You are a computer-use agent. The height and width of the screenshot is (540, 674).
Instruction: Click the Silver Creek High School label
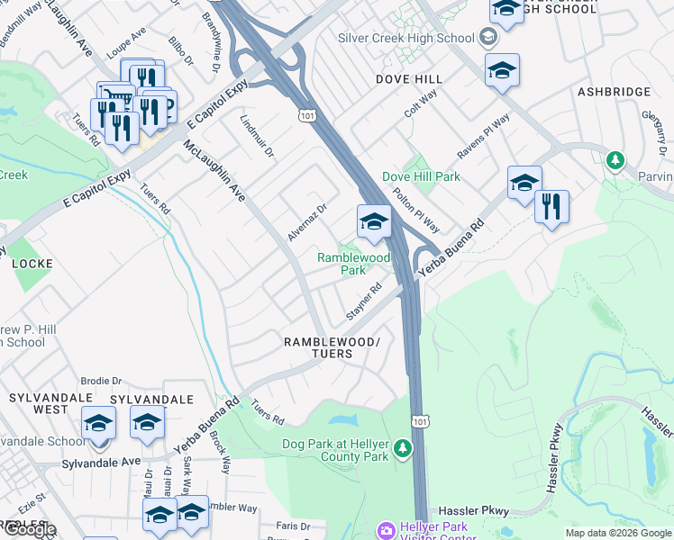pyautogui.click(x=405, y=38)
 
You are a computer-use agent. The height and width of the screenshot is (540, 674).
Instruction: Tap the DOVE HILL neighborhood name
pyautogui.click(x=408, y=79)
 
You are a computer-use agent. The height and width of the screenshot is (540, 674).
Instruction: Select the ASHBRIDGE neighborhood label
pyautogui.click(x=614, y=92)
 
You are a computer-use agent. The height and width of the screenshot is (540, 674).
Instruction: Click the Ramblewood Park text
pyautogui.click(x=354, y=264)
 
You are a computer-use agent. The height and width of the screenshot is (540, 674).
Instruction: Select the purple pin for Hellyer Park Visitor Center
pyautogui.click(x=386, y=531)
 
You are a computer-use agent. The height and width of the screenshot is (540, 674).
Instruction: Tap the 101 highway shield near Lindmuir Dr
pyautogui.click(x=307, y=115)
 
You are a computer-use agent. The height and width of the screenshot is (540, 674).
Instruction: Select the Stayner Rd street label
pyautogui.click(x=364, y=302)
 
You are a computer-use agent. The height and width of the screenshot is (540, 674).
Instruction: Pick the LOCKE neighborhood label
pyautogui.click(x=32, y=264)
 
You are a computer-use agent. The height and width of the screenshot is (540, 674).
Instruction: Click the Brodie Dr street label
pyautogui.click(x=100, y=381)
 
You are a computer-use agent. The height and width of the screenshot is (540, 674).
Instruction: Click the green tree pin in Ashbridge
pyautogui.click(x=615, y=160)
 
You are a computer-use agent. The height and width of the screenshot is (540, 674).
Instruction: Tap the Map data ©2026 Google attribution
pyautogui.click(x=618, y=533)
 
